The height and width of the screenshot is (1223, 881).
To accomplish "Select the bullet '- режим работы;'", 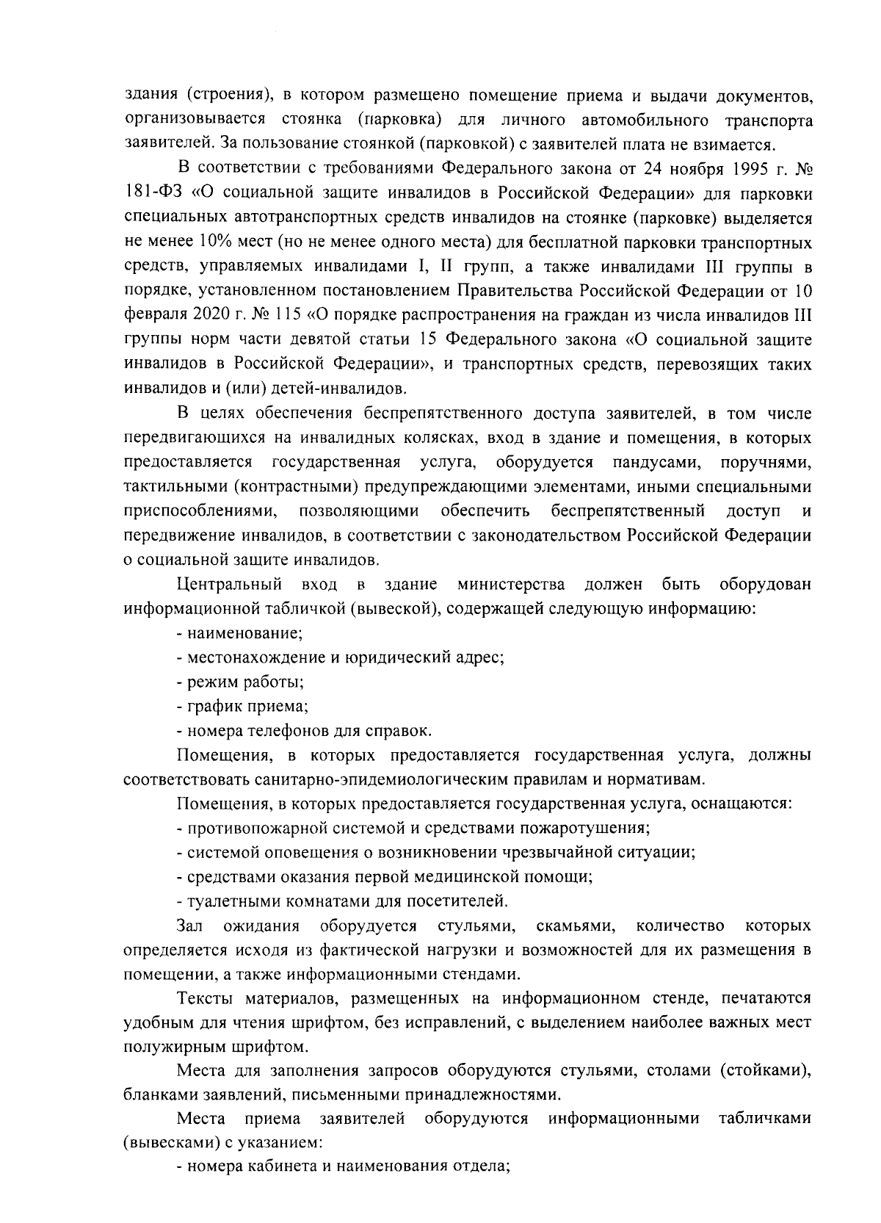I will click(241, 682).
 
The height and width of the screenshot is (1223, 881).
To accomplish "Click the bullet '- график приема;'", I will click(242, 706).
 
